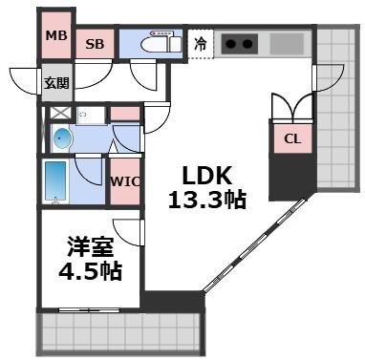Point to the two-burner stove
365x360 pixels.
coord(240,44)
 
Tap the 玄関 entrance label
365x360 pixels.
coord(54,83)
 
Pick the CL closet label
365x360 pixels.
coord(292,139)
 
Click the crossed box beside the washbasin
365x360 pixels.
coord(59,114)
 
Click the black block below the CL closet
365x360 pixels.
coord(291,175)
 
